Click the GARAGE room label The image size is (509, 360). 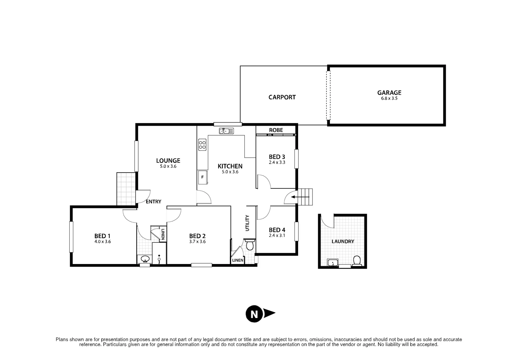pyautogui.click(x=389, y=93)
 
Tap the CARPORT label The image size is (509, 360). pyautogui.click(x=282, y=97)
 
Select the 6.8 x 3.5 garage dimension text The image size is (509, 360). pyautogui.click(x=389, y=99)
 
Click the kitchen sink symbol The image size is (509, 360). pyautogui.click(x=226, y=131)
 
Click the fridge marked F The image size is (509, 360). pyautogui.click(x=202, y=177)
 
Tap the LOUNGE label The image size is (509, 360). pyautogui.click(x=168, y=161)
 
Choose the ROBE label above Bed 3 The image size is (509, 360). pyautogui.click(x=276, y=130)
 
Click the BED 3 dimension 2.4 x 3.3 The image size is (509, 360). pyautogui.click(x=277, y=163)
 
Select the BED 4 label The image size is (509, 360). pyautogui.click(x=277, y=230)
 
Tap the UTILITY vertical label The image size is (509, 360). pyautogui.click(x=247, y=223)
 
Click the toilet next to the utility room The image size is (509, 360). pyautogui.click(x=250, y=245)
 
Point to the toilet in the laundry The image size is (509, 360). pyautogui.click(x=357, y=260)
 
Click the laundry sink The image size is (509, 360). pyautogui.click(x=333, y=263)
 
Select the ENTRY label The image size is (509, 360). pyautogui.click(x=154, y=202)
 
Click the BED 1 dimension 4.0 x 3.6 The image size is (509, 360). pyautogui.click(x=103, y=242)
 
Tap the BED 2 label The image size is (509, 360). pyautogui.click(x=197, y=236)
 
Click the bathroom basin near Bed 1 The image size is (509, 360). pyautogui.click(x=145, y=259)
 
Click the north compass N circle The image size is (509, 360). pyautogui.click(x=254, y=314)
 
